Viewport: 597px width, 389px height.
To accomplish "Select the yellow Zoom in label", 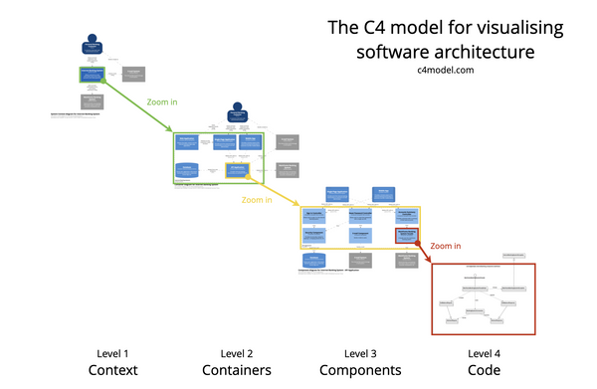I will pyautogui.click(x=257, y=200).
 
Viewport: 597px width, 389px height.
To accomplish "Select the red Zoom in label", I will pyautogui.click(x=445, y=245).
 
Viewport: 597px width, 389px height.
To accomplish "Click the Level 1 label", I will pyautogui.click(x=111, y=353).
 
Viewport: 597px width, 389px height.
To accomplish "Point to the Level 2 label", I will pyautogui.click(x=236, y=353).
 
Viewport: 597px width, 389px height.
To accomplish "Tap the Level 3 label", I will pyautogui.click(x=360, y=353).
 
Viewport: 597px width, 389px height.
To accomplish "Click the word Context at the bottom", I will pyautogui.click(x=111, y=371).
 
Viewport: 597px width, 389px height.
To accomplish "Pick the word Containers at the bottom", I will pyautogui.click(x=236, y=371).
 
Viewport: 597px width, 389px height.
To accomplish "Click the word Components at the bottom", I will pyautogui.click(x=360, y=371).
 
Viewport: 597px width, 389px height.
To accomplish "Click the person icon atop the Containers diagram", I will pyautogui.click(x=237, y=112).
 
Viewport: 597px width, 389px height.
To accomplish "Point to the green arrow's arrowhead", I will pyautogui.click(x=171, y=131).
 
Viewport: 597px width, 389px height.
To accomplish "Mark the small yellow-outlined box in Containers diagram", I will pyautogui.click(x=237, y=170).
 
